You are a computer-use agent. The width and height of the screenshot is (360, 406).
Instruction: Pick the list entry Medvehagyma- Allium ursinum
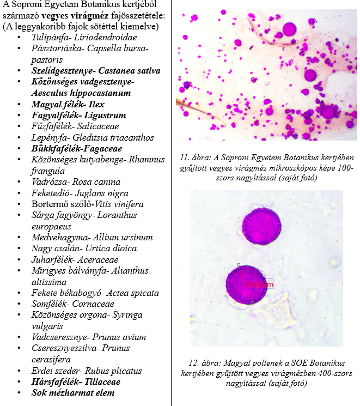click(x=92, y=238)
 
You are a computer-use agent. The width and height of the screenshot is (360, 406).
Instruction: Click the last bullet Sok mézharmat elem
click(x=73, y=392)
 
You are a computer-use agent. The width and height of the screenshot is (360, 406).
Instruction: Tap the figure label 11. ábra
click(x=194, y=159)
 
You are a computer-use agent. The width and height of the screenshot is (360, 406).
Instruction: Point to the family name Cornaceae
click(x=95, y=304)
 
